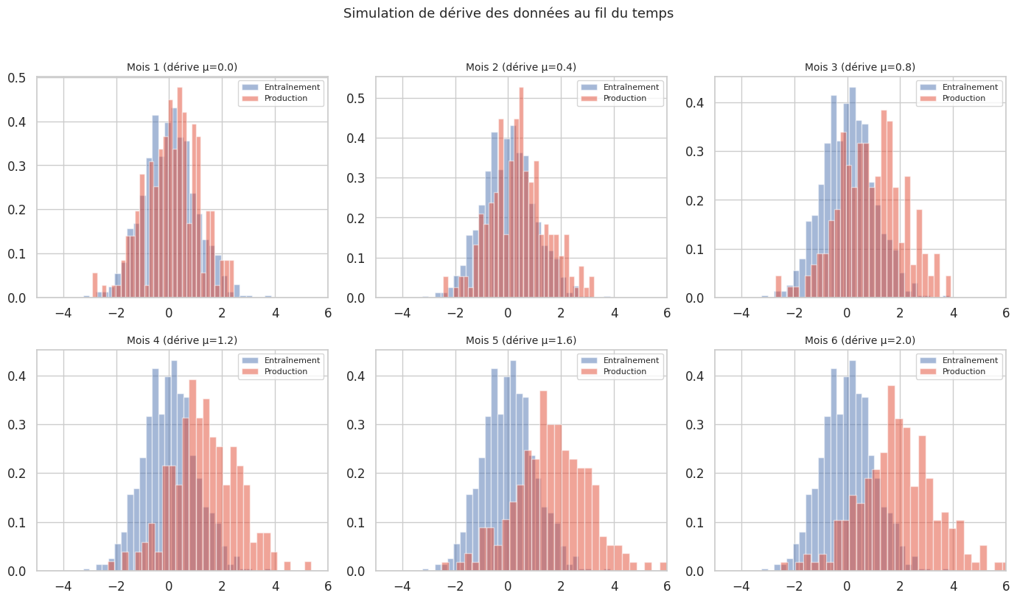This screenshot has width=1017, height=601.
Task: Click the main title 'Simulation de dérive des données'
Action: click(508, 13)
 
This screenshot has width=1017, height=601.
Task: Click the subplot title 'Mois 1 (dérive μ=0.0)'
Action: click(182, 67)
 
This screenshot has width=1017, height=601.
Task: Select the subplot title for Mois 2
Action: click(521, 67)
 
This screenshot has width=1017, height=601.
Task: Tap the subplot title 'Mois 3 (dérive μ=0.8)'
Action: click(860, 67)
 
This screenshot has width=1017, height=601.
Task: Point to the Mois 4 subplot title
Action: click(182, 340)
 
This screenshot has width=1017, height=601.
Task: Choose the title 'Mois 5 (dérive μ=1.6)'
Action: click(521, 340)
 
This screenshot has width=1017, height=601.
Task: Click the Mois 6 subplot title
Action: click(860, 340)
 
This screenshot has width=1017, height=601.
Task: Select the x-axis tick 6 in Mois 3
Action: click(1005, 312)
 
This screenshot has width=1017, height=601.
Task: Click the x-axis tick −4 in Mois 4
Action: click(63, 586)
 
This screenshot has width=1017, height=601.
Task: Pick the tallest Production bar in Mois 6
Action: click(891, 479)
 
